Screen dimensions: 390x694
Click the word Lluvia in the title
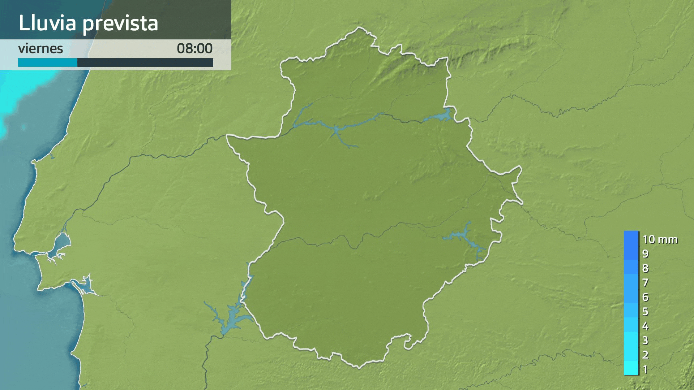(x=47, y=23)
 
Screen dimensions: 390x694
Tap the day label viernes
(x=40, y=49)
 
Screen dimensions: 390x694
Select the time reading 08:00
(x=194, y=49)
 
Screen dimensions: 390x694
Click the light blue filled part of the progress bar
(x=47, y=62)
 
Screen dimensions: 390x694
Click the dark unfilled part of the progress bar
(x=145, y=62)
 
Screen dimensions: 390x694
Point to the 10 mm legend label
(x=660, y=239)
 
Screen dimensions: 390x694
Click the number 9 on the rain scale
(x=645, y=254)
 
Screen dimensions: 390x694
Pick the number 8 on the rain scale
(x=645, y=268)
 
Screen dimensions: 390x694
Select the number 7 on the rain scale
(x=645, y=283)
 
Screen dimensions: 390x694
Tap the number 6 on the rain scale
(x=645, y=297)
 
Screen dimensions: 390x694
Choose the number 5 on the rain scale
(x=645, y=312)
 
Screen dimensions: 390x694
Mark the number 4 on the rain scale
(x=645, y=326)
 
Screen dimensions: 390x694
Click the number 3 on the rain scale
(x=645, y=341)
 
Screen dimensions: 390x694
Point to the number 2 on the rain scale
(x=645, y=355)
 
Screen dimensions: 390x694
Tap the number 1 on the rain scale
(x=645, y=369)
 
